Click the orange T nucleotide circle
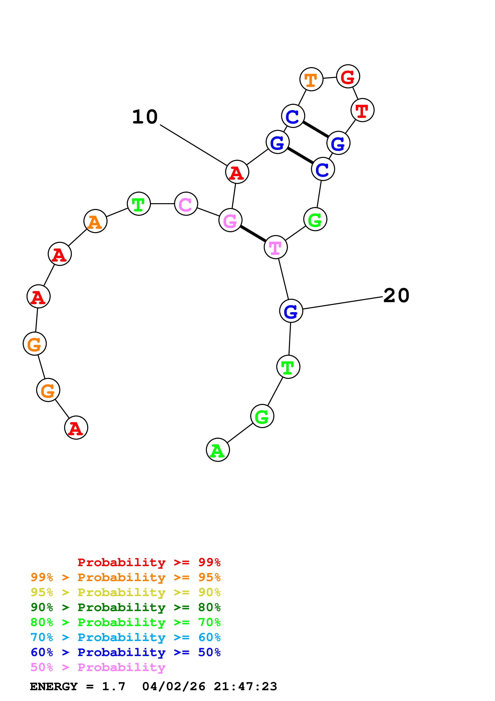tap(311, 79)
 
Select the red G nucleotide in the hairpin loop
tap(348, 76)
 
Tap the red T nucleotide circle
tap(362, 110)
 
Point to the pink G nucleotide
tap(230, 220)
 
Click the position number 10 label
tap(145, 117)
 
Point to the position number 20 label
tap(396, 296)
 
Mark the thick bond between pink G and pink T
tap(253, 234)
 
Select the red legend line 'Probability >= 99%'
tap(149, 562)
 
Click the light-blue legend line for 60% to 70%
tap(125, 637)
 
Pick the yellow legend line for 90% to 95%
tap(125, 592)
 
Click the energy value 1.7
tap(113, 686)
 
